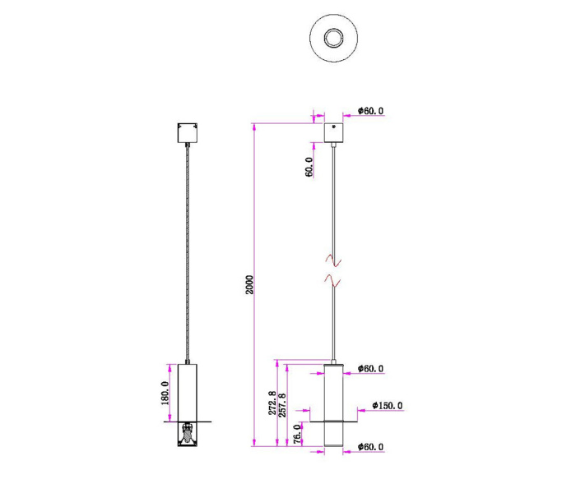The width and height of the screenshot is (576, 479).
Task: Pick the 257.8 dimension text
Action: (284, 405)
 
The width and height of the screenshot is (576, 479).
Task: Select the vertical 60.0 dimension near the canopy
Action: (309, 168)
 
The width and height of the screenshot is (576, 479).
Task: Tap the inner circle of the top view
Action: (334, 37)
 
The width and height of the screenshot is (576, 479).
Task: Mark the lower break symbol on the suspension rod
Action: (334, 280)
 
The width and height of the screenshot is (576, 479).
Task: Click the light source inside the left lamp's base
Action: (188, 430)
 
